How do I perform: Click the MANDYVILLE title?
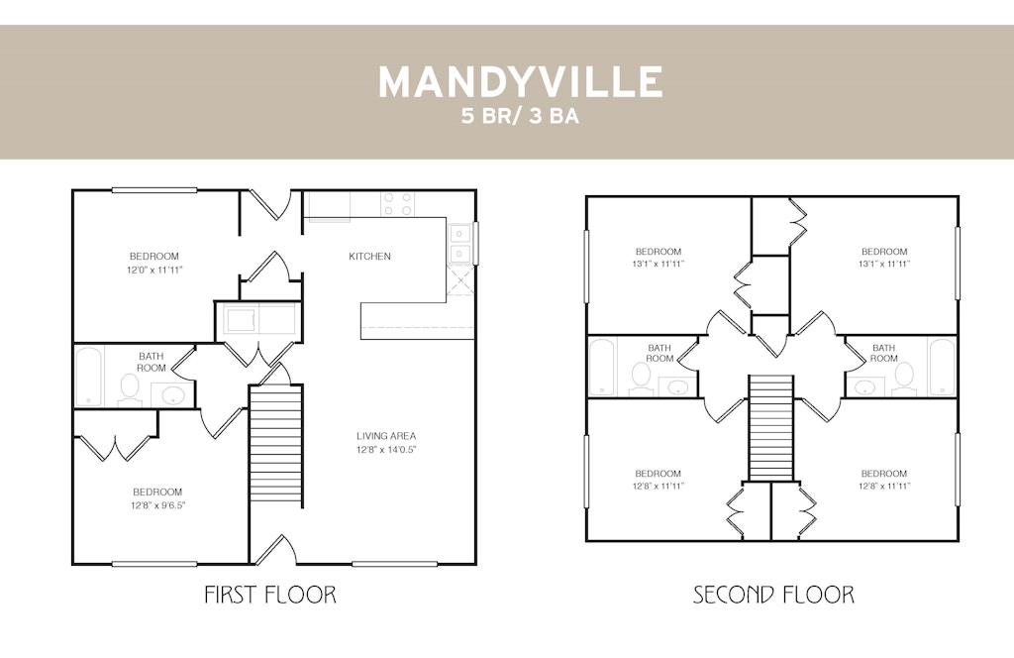pos(520,81)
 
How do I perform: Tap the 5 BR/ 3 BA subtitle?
pos(520,116)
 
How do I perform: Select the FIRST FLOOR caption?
pos(270,594)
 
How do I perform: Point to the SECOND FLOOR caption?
pos(773,594)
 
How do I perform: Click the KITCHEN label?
pos(370,257)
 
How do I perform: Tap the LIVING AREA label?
pos(386,436)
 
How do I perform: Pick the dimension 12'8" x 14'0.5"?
pos(386,450)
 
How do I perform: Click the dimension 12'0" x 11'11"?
pos(154,270)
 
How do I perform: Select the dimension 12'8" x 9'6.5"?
pos(157,505)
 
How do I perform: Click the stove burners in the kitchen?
pos(397,204)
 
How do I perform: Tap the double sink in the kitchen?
pos(459,243)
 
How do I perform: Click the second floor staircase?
pos(770,428)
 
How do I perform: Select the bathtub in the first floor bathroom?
pos(89,377)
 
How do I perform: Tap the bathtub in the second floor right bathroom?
pos(942,367)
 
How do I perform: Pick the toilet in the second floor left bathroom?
pos(641,378)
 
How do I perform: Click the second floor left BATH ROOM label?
pos(659,353)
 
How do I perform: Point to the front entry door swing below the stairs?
pos(273,549)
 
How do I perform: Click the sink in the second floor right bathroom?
pos(864,386)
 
